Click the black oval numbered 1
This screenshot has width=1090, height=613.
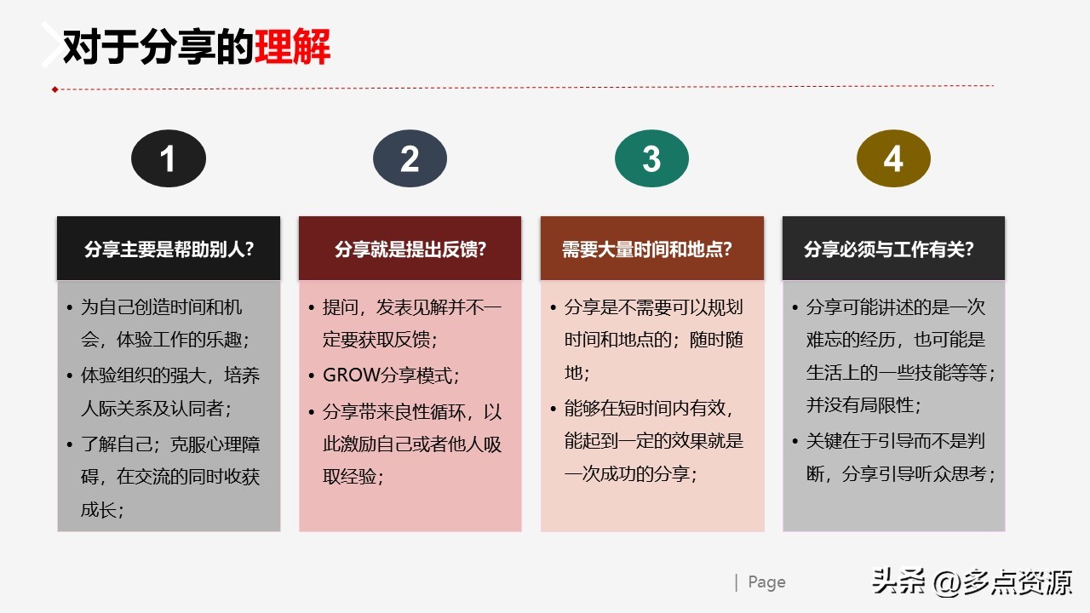(168, 158)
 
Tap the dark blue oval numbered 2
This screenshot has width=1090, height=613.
(410, 158)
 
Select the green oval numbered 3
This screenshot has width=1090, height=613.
(651, 158)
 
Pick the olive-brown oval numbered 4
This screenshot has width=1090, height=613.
(893, 158)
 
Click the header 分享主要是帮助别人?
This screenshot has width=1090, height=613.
(169, 249)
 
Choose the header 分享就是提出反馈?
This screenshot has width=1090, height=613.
(410, 249)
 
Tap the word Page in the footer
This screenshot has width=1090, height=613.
(766, 582)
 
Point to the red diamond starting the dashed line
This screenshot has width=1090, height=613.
(54, 89)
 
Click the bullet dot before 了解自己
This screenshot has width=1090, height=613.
(70, 444)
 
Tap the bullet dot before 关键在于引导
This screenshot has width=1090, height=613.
(795, 442)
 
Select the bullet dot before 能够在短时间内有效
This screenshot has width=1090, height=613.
(554, 409)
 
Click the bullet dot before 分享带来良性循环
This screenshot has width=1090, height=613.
(312, 413)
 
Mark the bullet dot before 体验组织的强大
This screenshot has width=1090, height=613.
(70, 375)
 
